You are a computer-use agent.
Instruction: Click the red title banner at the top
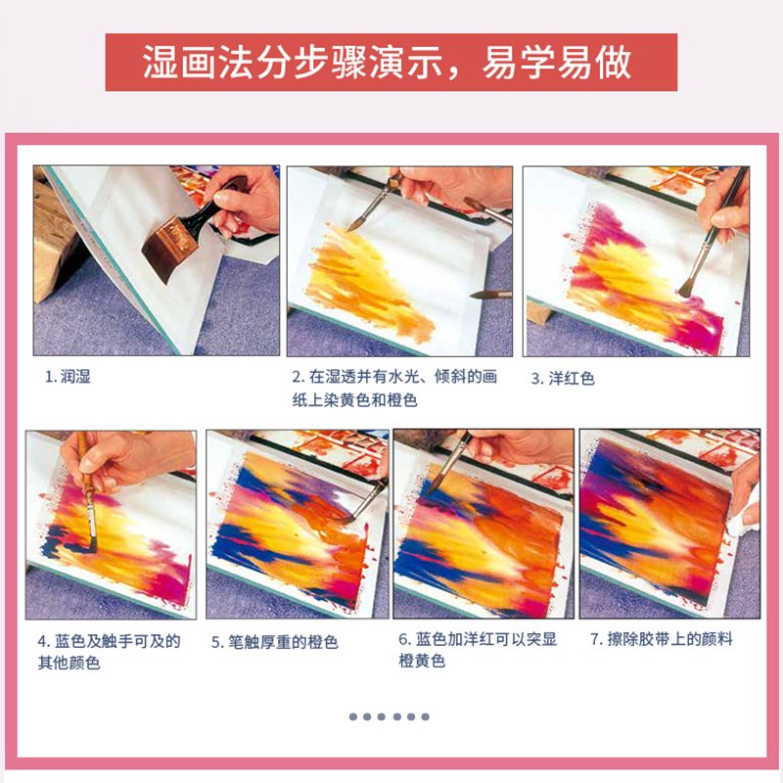[x=391, y=63]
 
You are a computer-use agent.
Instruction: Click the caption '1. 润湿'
[x=69, y=377]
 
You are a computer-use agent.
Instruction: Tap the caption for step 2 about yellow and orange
[x=393, y=389]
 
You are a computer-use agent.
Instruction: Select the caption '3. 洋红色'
[x=563, y=378]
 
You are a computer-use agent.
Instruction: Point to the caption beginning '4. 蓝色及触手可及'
[x=109, y=652]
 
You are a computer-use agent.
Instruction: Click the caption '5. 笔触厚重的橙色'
[x=275, y=642]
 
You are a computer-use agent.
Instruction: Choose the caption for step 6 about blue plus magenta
[x=477, y=650]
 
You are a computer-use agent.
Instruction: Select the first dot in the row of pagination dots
[x=353, y=716]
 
